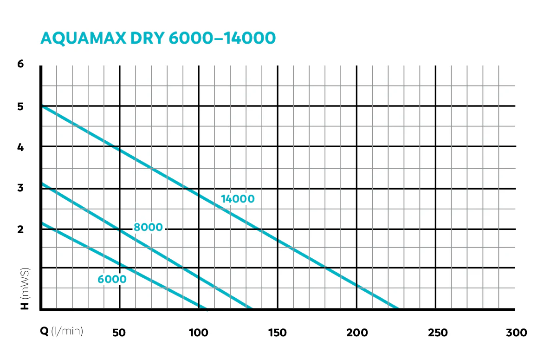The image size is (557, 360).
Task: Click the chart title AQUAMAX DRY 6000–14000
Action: pos(158,38)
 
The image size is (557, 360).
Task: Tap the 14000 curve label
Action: pos(238,199)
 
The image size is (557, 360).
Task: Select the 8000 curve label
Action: pos(148,227)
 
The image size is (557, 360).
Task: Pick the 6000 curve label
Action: pos(112,279)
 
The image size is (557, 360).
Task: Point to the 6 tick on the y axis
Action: pos(20,64)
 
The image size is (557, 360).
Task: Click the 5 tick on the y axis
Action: pos(20,106)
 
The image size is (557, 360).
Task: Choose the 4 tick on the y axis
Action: pos(20,147)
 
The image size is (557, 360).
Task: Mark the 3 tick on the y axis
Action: pos(20,188)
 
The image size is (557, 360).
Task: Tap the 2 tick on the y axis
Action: pos(20,229)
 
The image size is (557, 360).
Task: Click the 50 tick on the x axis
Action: pos(119,333)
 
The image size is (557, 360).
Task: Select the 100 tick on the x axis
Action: pos(199,333)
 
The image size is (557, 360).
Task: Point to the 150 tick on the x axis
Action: pos(277,333)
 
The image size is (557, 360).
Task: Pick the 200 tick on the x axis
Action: pos(357,333)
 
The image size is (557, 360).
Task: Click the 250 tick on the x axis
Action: pos(438,333)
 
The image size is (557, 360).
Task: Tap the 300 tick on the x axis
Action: pos(517,333)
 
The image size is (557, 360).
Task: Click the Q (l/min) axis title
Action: pos(61,331)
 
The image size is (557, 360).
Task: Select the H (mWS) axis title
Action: pos(25,288)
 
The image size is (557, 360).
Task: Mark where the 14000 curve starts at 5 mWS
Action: pos(42,106)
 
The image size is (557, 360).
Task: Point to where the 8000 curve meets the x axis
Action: pos(250,309)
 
